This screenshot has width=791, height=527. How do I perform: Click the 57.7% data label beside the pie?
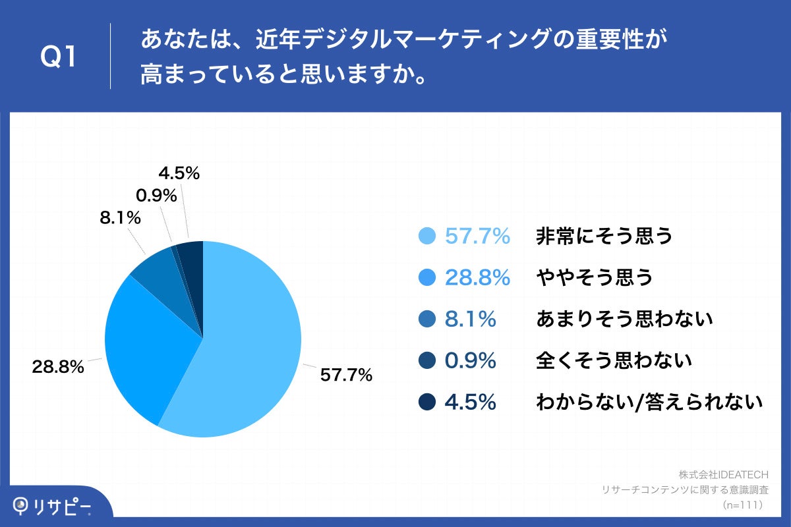tap(346, 375)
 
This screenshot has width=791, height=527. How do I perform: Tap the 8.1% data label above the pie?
tap(120, 218)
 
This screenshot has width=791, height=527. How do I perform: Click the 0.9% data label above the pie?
tap(156, 196)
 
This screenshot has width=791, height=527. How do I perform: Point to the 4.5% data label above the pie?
tap(179, 174)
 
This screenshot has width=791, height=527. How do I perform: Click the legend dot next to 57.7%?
tap(428, 236)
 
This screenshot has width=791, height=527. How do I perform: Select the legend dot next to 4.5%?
tap(428, 401)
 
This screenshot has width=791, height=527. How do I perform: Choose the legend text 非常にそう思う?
tap(604, 236)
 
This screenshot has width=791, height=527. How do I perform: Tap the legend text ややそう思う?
tap(594, 277)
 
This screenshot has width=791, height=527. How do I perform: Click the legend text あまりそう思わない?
tap(624, 319)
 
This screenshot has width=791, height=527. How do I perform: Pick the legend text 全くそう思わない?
tap(614, 360)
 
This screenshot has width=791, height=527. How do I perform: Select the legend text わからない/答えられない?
tap(649, 401)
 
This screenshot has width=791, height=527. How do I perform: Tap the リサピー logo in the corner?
tap(53, 507)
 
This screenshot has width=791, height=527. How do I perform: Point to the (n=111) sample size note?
tap(742, 505)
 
